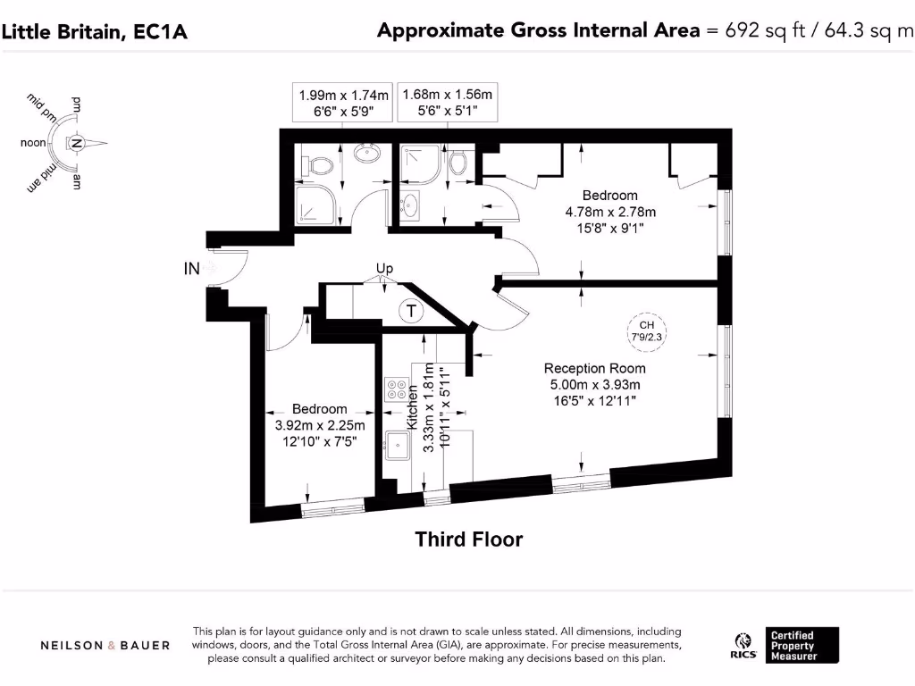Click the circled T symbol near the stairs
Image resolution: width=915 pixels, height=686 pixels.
coord(410,311)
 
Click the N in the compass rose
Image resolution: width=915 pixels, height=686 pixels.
coord(78,143)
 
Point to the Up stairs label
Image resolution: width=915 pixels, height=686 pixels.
coord(384,268)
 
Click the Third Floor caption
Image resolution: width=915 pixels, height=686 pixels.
coord(468,539)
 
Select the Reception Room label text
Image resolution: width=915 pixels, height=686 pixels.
coord(594,368)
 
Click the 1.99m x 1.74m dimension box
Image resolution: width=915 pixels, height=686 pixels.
coord(344,103)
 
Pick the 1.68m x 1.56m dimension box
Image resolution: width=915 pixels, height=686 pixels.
coord(448,103)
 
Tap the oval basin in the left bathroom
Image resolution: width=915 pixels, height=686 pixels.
coord(366,154)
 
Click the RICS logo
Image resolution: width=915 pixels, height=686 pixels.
coord(741,645)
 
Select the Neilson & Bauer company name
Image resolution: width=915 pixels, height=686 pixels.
coord(105,645)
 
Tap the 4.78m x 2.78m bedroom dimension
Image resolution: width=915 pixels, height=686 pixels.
coord(610,212)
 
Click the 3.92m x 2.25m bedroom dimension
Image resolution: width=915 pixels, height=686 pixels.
coord(319,425)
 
